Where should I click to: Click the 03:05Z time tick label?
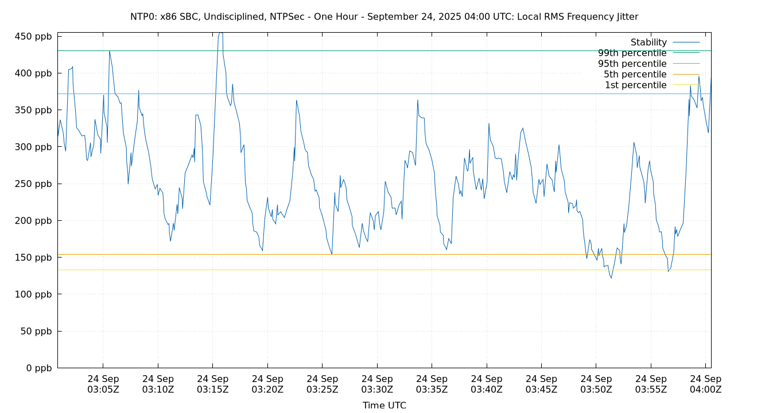pyautogui.click(x=103, y=384)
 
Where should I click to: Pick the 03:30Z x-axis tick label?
pyautogui.click(x=377, y=384)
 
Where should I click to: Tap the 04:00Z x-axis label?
pyautogui.click(x=705, y=384)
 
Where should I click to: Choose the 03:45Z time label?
pyautogui.click(x=541, y=384)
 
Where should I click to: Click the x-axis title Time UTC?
pyautogui.click(x=384, y=405)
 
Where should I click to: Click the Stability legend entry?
pyautogui.click(x=648, y=42)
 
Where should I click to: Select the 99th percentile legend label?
pyautogui.click(x=632, y=53)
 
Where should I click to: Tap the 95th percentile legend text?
pyautogui.click(x=632, y=64)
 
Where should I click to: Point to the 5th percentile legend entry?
pyautogui.click(x=635, y=75)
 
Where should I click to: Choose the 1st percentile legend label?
pyautogui.click(x=636, y=85)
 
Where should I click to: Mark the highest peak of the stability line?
pyautogui.click(x=220, y=33)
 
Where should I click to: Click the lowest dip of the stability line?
pyautogui.click(x=611, y=278)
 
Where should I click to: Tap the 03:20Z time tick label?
pyautogui.click(x=267, y=384)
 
